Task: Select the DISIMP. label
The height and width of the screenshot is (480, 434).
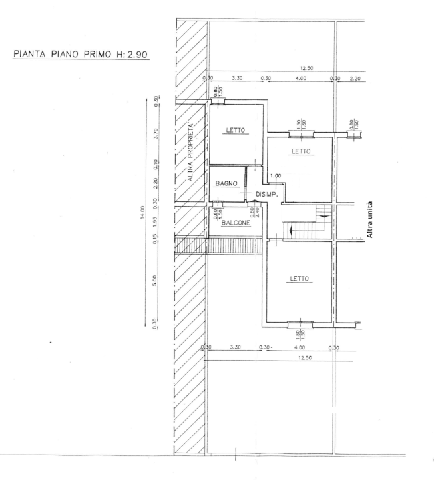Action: pyautogui.click(x=267, y=194)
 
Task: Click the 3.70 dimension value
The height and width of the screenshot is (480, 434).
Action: pyautogui.click(x=156, y=133)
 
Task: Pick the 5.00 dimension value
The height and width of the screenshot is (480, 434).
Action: pyautogui.click(x=156, y=279)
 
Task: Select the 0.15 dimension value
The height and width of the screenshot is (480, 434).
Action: pyautogui.click(x=156, y=241)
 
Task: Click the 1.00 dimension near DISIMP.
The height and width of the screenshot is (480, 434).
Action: pyautogui.click(x=276, y=176)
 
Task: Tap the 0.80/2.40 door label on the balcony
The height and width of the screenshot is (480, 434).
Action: pyautogui.click(x=253, y=213)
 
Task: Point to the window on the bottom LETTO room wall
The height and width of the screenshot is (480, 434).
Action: pyautogui.click(x=300, y=325)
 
